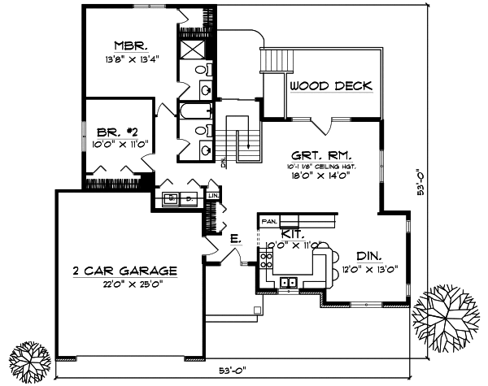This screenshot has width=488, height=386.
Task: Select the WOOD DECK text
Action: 331,85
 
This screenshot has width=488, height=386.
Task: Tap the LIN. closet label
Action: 214,196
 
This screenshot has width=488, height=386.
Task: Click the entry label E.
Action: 234,238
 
